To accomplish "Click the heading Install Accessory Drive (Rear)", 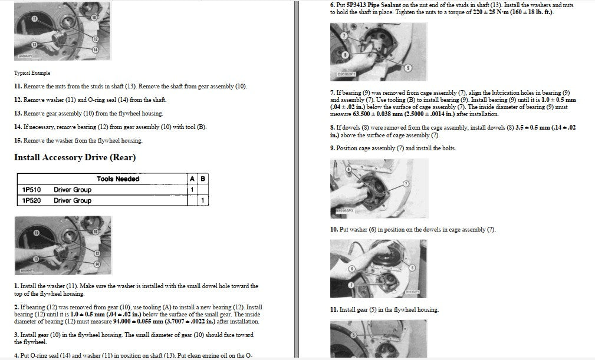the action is pos(75,158).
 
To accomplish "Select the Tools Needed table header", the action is pos(118,179).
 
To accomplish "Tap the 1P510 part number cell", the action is pos(31,190).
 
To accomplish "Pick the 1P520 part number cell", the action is pos(31,200).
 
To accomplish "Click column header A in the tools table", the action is pos(192,179).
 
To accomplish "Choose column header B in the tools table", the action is pos(203,179).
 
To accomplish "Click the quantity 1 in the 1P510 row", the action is pos(192,190).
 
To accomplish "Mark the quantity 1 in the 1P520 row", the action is pos(203,200).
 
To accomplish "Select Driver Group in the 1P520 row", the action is pos(73,200).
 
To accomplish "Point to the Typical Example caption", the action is pos(32,72).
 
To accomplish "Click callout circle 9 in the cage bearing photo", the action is pos(408,68).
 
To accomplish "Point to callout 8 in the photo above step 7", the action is pos(344,55).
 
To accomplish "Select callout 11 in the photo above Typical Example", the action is pos(35,19).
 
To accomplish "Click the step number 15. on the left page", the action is pos(18,141).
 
